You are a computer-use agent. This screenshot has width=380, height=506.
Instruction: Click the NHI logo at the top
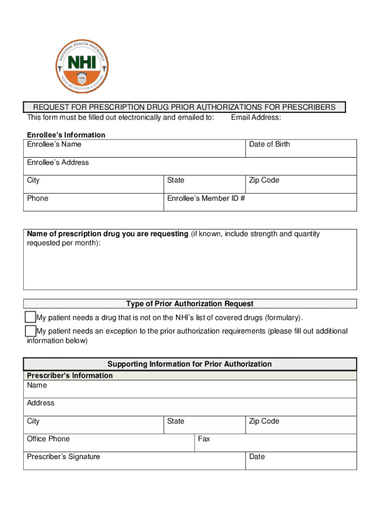[82, 66]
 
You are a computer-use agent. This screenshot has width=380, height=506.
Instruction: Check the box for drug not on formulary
[31, 317]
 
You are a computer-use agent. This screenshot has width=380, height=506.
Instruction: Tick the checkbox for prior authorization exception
[31, 331]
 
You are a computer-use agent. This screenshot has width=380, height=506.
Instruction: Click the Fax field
[275, 443]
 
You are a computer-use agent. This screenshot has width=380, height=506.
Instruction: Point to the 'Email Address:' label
[256, 117]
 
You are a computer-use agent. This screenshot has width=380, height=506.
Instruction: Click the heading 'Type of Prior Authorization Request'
[190, 304]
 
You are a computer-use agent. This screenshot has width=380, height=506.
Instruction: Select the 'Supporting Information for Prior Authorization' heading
[190, 364]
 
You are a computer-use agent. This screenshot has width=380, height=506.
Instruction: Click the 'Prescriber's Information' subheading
[70, 376]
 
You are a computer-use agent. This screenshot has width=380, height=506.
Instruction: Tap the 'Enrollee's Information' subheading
[66, 135]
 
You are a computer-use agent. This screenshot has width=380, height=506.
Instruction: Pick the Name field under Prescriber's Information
[190, 389]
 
